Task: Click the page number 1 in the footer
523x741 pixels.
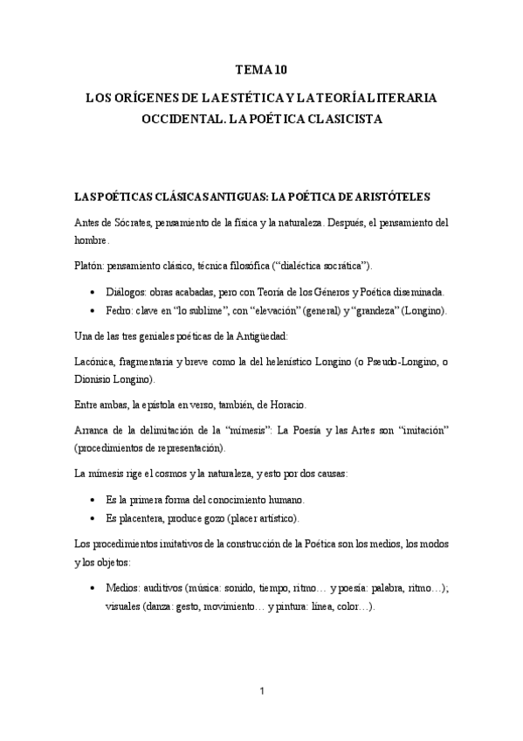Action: coord(262,691)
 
